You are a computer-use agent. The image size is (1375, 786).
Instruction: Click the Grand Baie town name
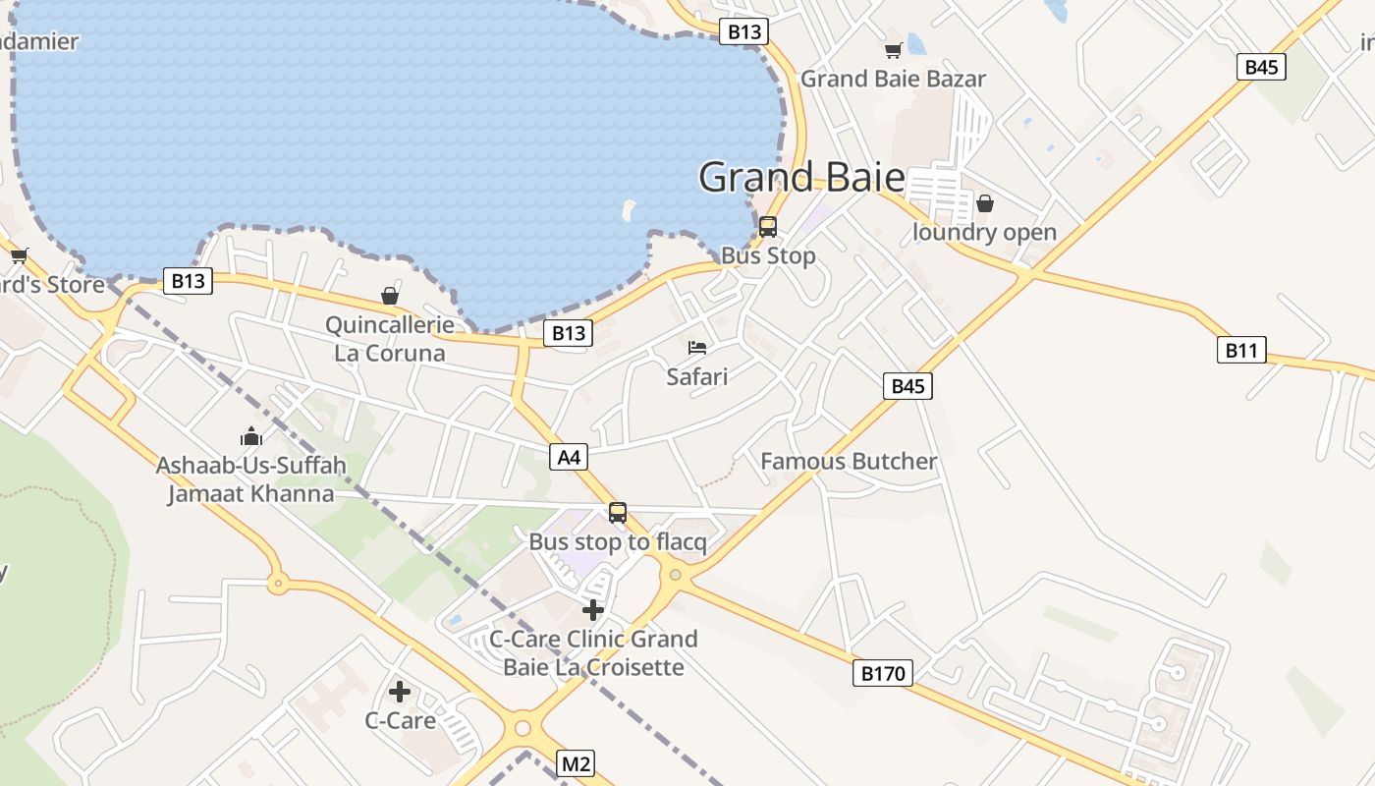coord(801,177)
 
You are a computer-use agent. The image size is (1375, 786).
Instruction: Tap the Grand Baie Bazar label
coord(893,79)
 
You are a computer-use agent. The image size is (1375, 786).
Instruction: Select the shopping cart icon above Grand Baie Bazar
coord(893,50)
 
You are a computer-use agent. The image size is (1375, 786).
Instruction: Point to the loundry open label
coord(984,233)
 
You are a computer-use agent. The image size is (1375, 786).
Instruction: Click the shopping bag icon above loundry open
coord(985,203)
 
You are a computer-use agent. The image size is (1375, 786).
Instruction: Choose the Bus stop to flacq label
coord(618,542)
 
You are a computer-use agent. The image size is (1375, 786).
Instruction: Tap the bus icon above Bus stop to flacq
coord(618,512)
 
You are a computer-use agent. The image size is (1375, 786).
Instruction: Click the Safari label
coord(697,376)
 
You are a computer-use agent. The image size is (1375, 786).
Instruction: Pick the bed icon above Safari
coord(697,348)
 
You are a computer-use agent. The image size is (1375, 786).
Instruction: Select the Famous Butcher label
coord(849,461)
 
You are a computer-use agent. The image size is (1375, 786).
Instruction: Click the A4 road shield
coord(569,457)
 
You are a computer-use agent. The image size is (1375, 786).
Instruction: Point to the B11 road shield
coord(1241,350)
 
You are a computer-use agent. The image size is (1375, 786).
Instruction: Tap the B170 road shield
coord(882,673)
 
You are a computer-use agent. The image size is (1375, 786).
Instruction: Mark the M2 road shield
coord(577,763)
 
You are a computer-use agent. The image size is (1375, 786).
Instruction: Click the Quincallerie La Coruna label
coord(390,339)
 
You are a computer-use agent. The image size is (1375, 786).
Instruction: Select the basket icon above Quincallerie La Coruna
coord(390,296)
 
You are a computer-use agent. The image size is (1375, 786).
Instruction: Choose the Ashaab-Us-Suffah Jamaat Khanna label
coord(251,478)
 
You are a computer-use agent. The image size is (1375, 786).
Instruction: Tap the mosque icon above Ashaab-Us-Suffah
coord(251,436)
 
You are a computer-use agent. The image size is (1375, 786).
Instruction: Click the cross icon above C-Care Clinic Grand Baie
coord(593,610)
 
